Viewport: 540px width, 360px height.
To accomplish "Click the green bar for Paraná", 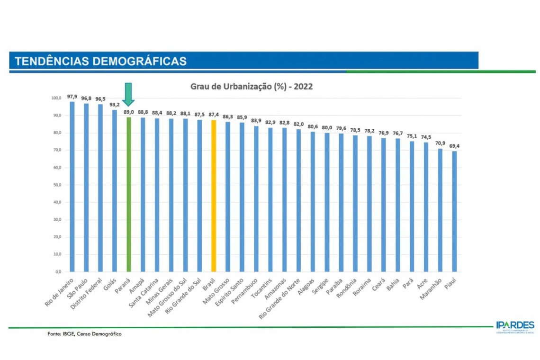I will pos(128,194).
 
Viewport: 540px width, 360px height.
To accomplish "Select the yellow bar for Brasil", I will pos(213,196).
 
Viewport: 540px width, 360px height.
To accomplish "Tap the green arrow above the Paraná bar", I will pos(128,94).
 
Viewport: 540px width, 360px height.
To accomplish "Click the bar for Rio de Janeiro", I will pos(72,187).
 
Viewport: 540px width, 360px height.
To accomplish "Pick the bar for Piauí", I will pos(454,211).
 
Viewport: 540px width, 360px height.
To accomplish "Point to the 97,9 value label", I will pos(72,97).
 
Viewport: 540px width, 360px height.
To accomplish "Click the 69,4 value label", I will pos(455,146).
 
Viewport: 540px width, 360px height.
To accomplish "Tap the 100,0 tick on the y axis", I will pos(56,98).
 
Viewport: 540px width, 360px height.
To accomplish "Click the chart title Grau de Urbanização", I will pos(251,87).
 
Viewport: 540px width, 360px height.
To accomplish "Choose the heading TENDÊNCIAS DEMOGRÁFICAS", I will pos(100,61).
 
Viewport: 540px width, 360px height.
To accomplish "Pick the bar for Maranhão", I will pos(440,210).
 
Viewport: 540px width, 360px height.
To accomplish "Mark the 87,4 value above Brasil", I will pos(213,115).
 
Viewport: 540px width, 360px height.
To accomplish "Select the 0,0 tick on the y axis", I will pos(58,272).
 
